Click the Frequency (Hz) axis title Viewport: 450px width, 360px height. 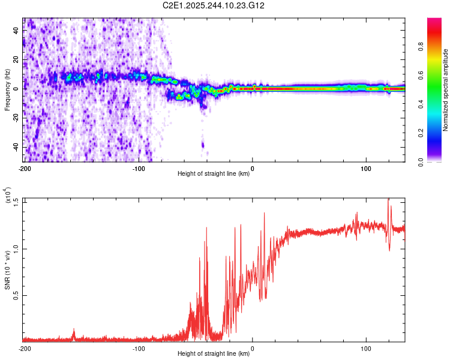click(x=7, y=90)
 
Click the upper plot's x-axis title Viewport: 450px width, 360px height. click(x=214, y=174)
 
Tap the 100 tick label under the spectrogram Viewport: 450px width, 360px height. click(x=367, y=169)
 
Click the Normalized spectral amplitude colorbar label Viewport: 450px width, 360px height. click(x=446, y=90)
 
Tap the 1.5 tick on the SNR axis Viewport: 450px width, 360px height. click(x=15, y=201)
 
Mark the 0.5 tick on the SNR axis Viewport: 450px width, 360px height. click(x=15, y=295)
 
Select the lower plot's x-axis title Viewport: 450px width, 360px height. click(x=214, y=354)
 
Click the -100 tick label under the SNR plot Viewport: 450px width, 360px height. click(x=139, y=349)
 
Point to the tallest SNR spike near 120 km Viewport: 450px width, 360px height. click(x=388, y=199)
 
